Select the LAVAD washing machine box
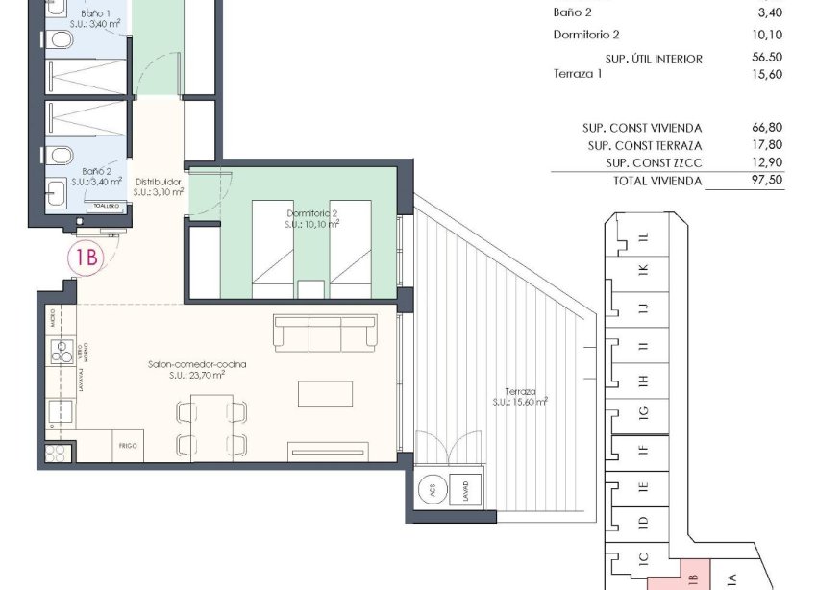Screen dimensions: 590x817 465,489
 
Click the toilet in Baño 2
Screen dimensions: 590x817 60,156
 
